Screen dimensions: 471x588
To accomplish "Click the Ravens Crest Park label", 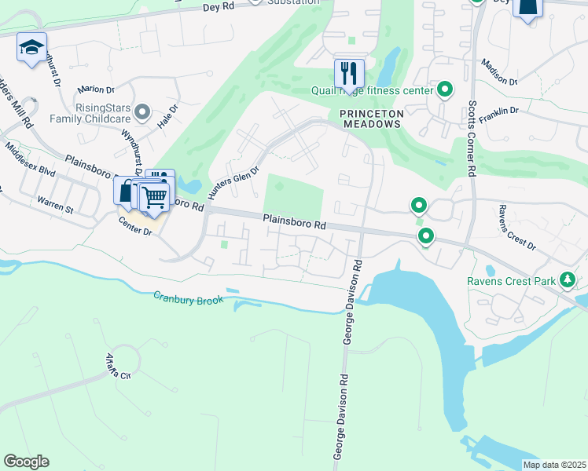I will point(510,280).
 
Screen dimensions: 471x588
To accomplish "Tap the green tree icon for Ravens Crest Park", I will point(566,279).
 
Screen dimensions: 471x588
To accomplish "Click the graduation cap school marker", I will point(31,48).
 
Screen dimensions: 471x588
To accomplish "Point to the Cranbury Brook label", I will point(188,298).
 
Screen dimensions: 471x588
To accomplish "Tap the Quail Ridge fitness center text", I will point(384,90).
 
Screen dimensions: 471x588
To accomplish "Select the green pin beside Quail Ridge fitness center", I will point(445,89).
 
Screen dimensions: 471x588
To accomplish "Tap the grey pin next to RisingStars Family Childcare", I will point(142,112).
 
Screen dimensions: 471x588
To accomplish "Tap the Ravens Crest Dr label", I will point(517,228).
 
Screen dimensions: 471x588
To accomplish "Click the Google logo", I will point(25,462).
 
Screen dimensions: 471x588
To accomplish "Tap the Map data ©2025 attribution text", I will point(553,465).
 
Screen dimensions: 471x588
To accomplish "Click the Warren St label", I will point(55,206).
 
